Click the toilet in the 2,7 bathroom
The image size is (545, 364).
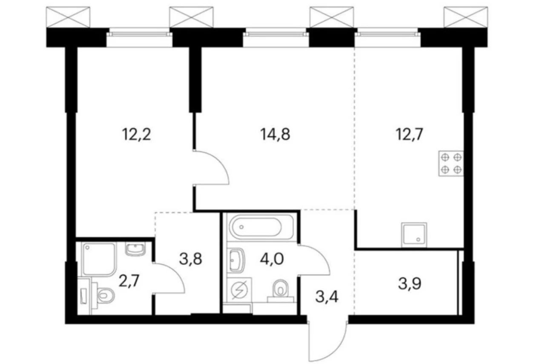tap(103, 295)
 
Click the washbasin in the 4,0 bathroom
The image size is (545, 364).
tap(235, 260)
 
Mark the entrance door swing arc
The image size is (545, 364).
tap(328, 341)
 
